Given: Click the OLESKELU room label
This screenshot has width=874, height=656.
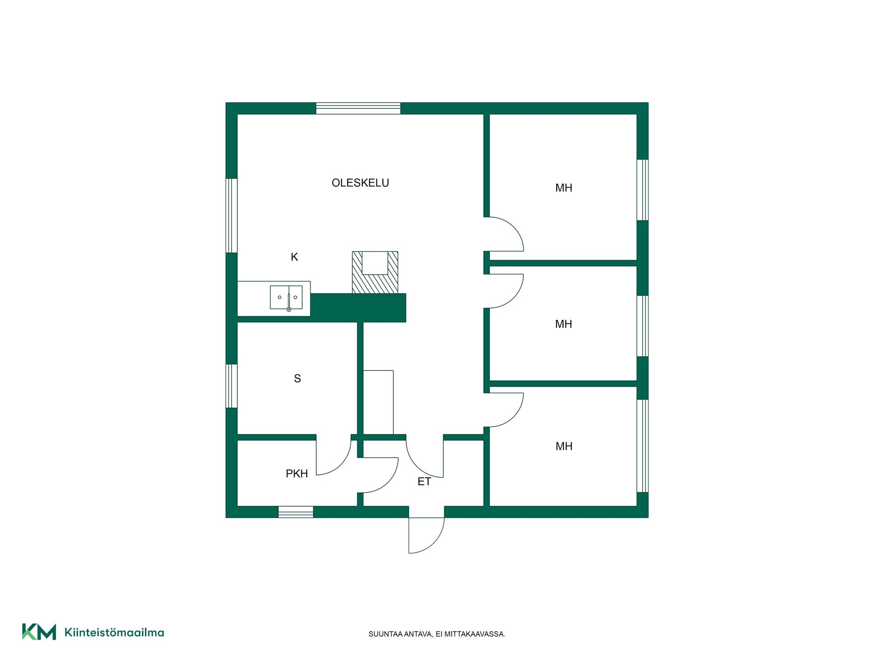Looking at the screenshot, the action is [360, 183].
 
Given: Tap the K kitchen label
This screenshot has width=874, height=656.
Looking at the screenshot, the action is [294, 257].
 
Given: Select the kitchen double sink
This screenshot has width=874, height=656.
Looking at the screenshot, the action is [286, 297].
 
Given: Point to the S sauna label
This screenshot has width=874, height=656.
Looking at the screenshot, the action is [297, 379].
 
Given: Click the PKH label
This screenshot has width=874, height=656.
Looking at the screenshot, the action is [297, 474].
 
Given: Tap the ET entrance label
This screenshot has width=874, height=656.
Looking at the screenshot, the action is [424, 482].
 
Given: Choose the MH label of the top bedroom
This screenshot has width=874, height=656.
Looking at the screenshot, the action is [564, 188].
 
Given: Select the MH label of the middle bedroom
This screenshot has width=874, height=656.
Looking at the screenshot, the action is [564, 324].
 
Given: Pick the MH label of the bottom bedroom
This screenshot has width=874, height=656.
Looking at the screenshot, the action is [564, 446].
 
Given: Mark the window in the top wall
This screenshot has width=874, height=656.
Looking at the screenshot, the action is [358, 108].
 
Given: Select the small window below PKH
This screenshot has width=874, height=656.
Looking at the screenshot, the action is [296, 512].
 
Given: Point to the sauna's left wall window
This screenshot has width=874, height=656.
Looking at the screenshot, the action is [232, 386].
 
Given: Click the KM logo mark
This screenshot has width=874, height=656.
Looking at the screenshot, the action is [39, 632].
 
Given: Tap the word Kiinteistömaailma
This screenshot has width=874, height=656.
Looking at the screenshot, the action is [114, 632].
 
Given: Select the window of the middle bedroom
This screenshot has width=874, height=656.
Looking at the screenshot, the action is [642, 326].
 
